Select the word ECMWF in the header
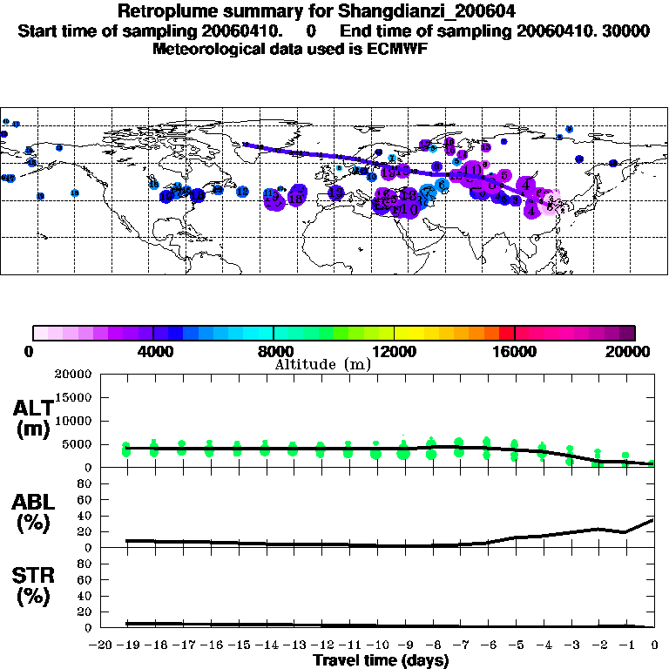[396, 49]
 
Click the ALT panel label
[33, 407]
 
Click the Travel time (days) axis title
[381, 660]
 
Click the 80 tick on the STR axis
[85, 564]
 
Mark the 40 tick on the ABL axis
[85, 516]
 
